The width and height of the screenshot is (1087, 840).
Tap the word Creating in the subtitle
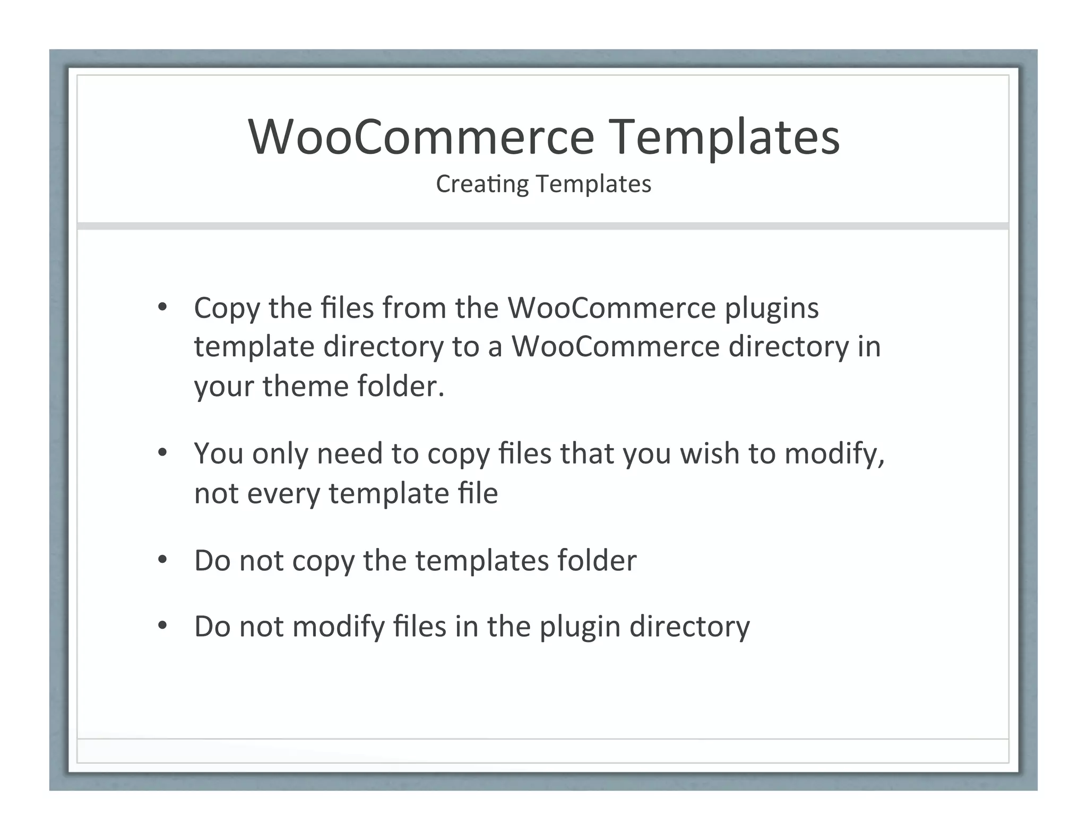click(482, 184)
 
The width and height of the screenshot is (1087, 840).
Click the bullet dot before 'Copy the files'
click(162, 307)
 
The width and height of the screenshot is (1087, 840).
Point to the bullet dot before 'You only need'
click(162, 453)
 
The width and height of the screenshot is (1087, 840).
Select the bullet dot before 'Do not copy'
click(162, 560)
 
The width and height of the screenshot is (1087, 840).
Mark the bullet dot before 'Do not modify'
click(162, 625)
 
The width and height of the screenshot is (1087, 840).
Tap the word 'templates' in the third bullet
click(481, 561)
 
